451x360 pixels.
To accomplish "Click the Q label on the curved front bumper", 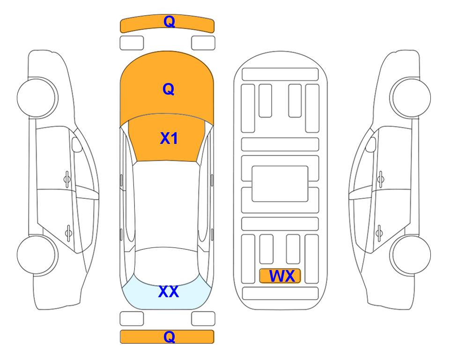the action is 169,22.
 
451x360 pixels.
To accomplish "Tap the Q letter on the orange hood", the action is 169,89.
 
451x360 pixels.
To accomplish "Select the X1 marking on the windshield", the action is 169,138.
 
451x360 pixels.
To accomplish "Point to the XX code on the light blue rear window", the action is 169,292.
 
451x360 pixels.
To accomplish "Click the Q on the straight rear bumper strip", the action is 169,337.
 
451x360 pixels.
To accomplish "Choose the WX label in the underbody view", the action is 282,276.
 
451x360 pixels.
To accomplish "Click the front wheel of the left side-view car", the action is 37,98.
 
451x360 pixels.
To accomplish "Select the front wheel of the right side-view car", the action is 411,98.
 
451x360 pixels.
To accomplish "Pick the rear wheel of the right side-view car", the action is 411,255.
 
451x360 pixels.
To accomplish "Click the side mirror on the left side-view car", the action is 76,144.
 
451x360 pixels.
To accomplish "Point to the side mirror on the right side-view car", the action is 371,144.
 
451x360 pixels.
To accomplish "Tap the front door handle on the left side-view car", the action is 67,179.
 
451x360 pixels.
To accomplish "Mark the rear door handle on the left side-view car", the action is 68,232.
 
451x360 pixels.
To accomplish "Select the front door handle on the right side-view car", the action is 380,179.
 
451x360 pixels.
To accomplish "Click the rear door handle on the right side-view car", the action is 379,232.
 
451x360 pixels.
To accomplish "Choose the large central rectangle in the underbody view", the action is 280,184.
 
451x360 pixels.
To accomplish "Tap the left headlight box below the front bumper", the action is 132,43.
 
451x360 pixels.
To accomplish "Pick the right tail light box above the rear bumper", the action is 203,319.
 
